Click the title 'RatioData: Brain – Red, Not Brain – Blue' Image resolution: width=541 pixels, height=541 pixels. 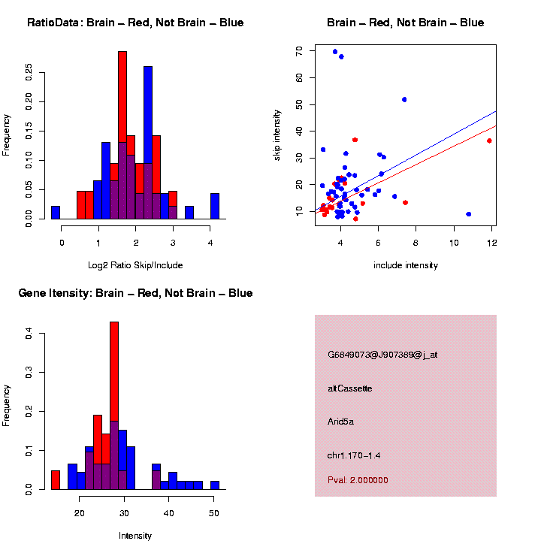(135, 23)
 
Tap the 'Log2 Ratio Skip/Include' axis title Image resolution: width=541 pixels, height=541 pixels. (135, 265)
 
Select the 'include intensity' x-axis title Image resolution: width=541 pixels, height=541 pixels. (405, 265)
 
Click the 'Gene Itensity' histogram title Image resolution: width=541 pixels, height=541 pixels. (135, 293)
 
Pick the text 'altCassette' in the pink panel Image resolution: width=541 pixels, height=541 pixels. (349, 388)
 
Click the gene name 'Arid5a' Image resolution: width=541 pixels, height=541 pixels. (340, 422)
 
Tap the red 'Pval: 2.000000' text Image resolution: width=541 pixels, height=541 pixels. (358, 480)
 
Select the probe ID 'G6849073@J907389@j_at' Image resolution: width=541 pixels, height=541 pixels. (382, 355)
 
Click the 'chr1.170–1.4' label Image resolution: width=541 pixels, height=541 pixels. (358, 455)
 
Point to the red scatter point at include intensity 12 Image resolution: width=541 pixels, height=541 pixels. (489, 141)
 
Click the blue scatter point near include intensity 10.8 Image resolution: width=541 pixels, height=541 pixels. (469, 214)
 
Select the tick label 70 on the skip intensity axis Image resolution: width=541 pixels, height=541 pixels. (300, 50)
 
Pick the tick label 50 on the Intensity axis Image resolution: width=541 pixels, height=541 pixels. (214, 513)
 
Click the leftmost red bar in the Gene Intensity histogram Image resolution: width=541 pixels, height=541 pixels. (56, 479)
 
